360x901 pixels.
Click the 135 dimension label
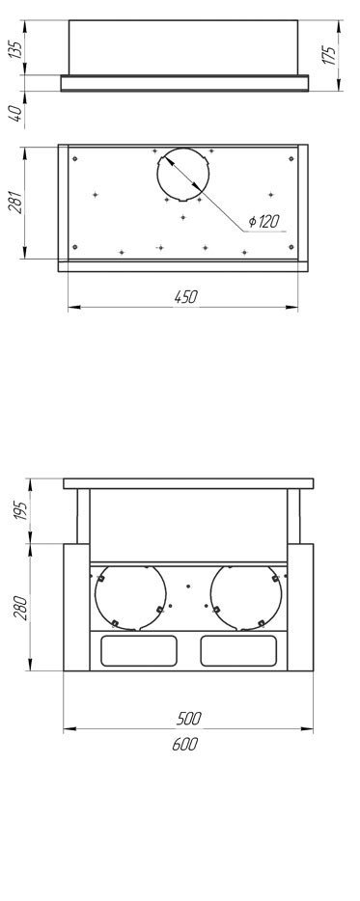pyautogui.click(x=16, y=53)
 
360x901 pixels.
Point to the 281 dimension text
pyautogui.click(x=15, y=201)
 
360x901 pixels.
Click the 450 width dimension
pyautogui.click(x=185, y=296)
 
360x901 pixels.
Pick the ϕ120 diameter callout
pyautogui.click(x=264, y=221)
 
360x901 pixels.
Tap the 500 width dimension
pyautogui.click(x=188, y=718)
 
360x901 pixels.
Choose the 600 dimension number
pyautogui.click(x=185, y=744)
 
